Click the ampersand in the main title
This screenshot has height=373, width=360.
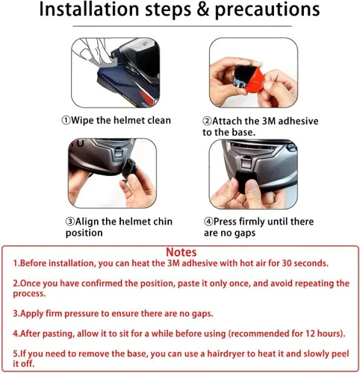(x=203, y=10)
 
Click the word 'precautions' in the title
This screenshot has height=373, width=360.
(x=267, y=10)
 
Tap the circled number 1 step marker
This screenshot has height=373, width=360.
(x=66, y=121)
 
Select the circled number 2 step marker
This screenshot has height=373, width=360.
(x=207, y=122)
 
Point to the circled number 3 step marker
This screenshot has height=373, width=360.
(x=70, y=222)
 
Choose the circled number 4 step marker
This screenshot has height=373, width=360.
(x=208, y=222)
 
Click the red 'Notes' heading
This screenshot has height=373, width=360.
(x=181, y=252)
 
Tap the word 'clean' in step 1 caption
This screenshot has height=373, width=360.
(x=159, y=120)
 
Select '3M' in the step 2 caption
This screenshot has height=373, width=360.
(x=269, y=122)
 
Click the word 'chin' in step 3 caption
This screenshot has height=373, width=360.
(x=161, y=222)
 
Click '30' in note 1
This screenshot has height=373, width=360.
(x=287, y=263)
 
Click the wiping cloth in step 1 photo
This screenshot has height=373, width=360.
(x=106, y=65)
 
